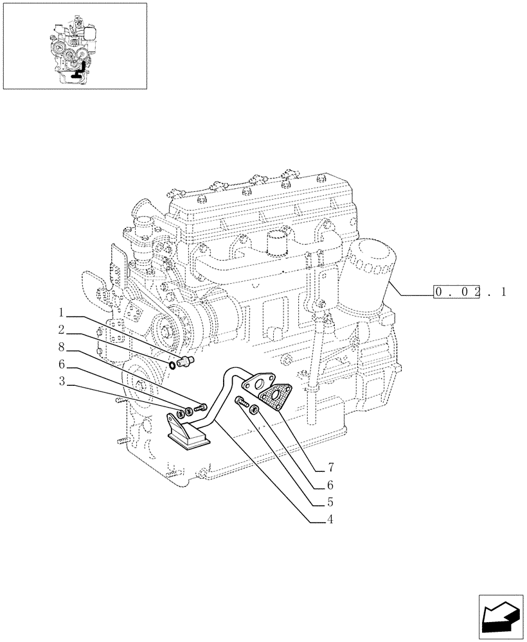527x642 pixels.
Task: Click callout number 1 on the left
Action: tap(61, 313)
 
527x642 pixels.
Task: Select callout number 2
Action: tap(61, 331)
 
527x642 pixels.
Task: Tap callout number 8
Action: tap(61, 347)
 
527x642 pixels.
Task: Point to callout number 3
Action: tap(61, 382)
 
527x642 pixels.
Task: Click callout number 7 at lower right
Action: tap(330, 465)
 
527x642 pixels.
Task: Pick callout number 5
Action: tap(330, 501)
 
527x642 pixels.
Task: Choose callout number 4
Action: tap(330, 519)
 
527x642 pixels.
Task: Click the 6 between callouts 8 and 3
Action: tap(61, 365)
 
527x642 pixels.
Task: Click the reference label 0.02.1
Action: tap(470, 293)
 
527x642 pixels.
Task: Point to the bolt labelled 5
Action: tap(242, 402)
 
